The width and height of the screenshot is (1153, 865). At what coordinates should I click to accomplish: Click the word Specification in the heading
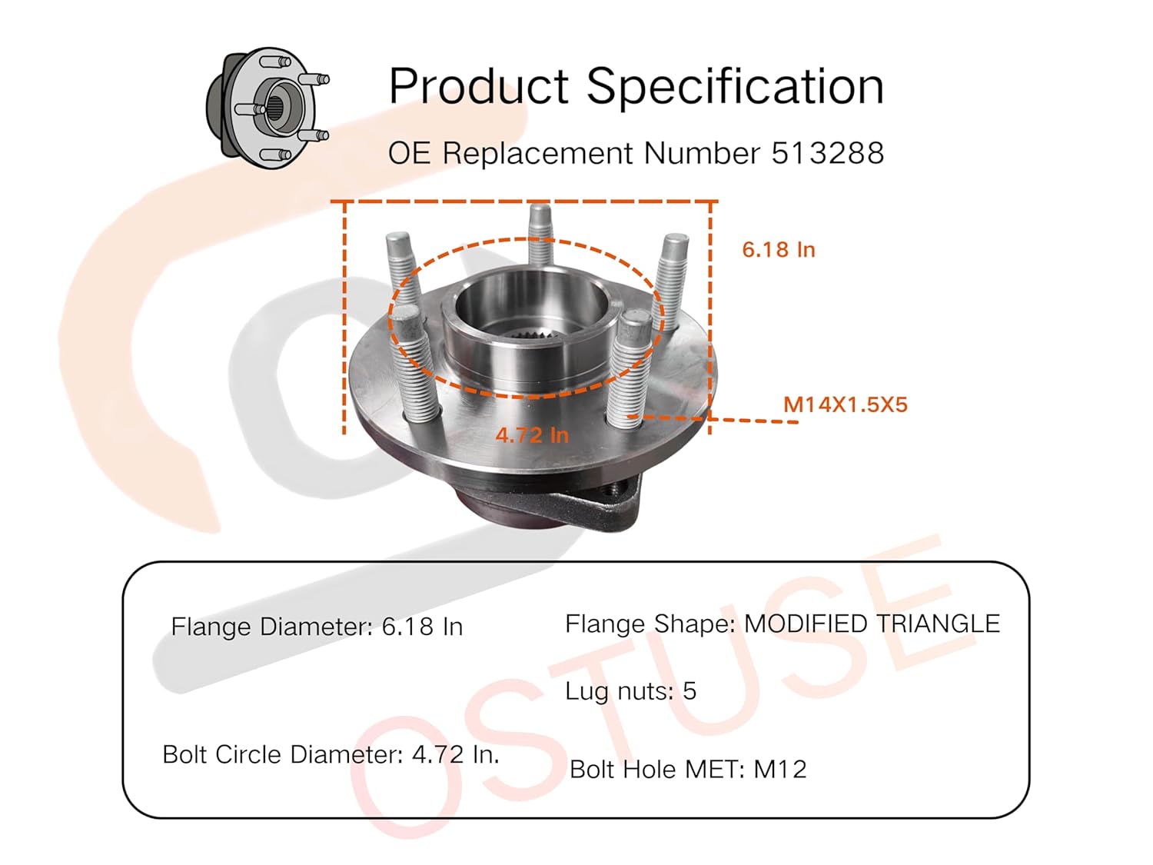[x=735, y=86]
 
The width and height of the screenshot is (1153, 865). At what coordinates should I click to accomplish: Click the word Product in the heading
[x=478, y=86]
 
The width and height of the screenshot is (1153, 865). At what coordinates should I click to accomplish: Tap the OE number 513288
[x=827, y=153]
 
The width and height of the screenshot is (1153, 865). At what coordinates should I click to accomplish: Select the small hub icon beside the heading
[x=267, y=107]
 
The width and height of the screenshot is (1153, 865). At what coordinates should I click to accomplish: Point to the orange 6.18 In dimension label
[x=778, y=250]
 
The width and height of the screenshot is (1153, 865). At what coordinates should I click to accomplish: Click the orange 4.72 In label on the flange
[x=532, y=435]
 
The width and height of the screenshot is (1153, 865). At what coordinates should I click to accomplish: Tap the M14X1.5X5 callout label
[x=845, y=404]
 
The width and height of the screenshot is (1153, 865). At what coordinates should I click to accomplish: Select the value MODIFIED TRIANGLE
[x=872, y=624]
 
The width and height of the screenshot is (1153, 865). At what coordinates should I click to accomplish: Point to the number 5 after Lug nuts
[x=689, y=690]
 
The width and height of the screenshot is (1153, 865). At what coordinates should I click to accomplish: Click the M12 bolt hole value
[x=780, y=769]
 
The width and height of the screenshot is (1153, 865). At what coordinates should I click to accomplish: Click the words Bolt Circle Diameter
[x=281, y=754]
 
